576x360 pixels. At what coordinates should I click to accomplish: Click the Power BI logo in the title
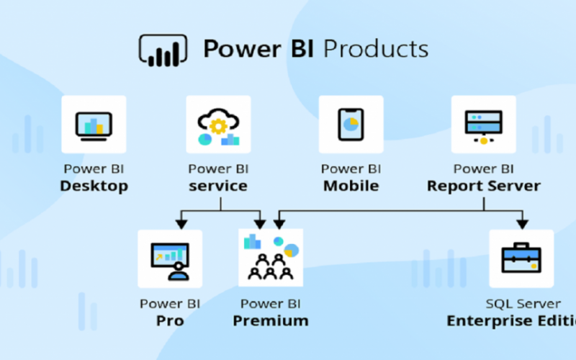(163, 50)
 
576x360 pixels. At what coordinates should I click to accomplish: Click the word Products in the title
(375, 49)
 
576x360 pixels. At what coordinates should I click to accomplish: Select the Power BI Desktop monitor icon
(94, 125)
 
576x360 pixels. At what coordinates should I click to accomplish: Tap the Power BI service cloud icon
(218, 125)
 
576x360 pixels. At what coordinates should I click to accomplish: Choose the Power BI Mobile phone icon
(351, 125)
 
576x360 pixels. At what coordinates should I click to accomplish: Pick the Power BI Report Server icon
(483, 125)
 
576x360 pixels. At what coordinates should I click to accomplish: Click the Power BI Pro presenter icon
(170, 258)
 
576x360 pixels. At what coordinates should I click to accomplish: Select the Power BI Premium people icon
(271, 258)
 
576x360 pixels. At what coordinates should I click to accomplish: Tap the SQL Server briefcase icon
(521, 258)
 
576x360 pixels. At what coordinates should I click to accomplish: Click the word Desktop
(94, 186)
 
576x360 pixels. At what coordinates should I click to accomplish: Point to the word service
(218, 186)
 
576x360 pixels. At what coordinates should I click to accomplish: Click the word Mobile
(351, 186)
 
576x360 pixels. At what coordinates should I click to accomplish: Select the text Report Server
(483, 186)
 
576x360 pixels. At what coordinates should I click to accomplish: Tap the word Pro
(170, 320)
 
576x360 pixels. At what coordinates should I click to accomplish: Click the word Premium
(271, 320)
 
